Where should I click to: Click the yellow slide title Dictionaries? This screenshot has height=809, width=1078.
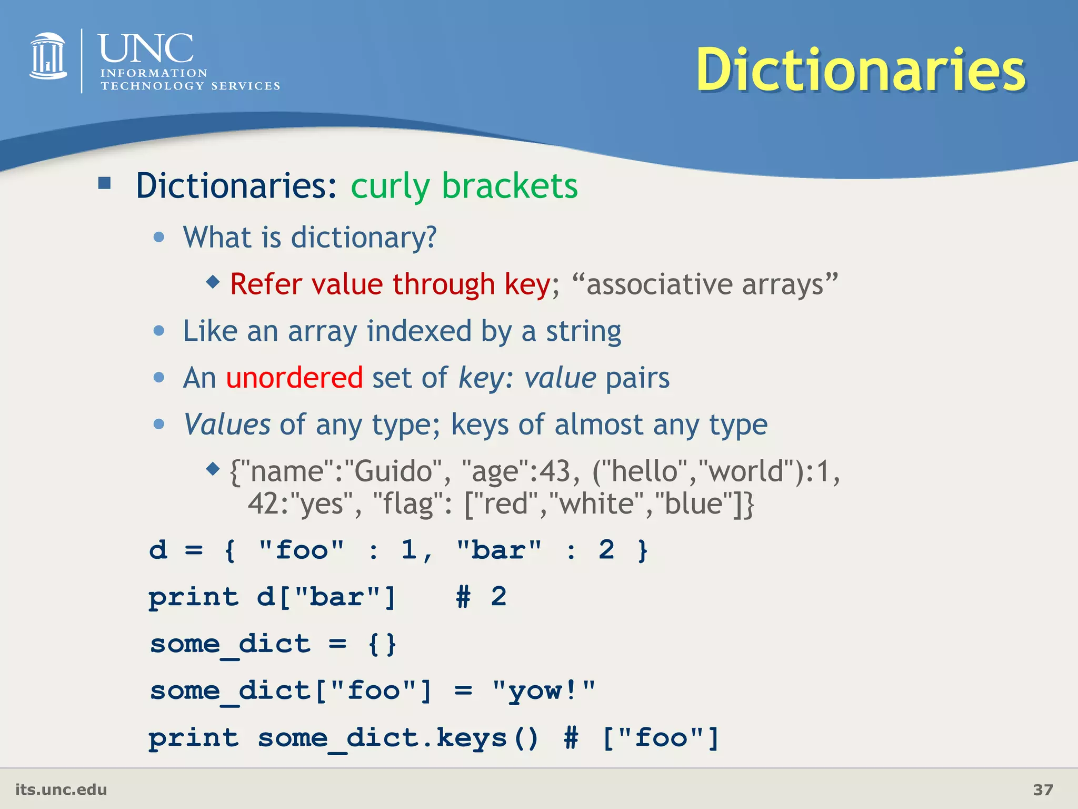861,70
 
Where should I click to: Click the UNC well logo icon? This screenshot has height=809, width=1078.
48,56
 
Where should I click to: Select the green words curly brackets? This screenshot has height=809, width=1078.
464,186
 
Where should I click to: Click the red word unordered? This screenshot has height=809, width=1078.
294,378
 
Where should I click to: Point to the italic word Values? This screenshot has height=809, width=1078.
227,424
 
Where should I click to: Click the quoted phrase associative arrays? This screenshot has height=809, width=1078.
705,284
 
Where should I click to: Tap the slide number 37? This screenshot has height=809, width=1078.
1043,790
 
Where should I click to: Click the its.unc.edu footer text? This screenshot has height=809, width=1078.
61,790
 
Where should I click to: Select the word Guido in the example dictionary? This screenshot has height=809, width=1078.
393,471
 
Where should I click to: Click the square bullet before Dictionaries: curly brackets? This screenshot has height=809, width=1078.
104,183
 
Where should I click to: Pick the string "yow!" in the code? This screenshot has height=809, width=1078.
543,690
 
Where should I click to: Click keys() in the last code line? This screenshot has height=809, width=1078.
487,737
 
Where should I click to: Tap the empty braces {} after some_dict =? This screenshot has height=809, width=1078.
383,644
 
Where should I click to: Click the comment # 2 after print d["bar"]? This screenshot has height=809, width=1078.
481,597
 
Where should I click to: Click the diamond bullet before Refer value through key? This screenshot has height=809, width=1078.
213,282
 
